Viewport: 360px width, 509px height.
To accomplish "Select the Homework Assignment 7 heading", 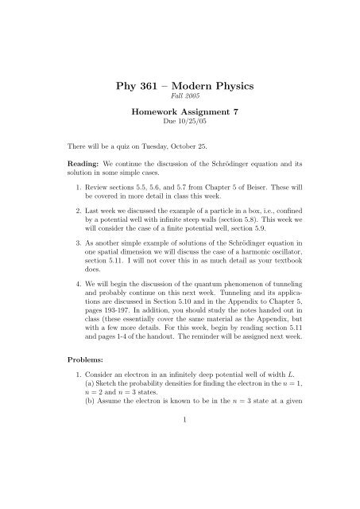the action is (x=179, y=114).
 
